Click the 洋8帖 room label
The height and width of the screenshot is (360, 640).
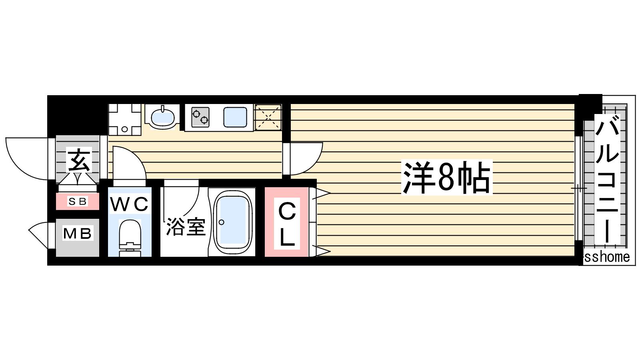click(446, 177)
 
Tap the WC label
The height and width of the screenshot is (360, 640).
click(130, 204)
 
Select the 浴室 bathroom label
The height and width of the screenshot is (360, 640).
click(186, 227)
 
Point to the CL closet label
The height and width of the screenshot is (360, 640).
click(287, 224)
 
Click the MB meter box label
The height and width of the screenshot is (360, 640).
click(78, 234)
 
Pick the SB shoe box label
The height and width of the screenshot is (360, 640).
click(78, 202)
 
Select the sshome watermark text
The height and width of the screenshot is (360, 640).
click(607, 257)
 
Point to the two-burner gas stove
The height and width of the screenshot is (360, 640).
click(200, 117)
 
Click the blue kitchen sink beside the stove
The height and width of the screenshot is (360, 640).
click(235, 117)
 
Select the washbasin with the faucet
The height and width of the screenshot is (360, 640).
click(162, 118)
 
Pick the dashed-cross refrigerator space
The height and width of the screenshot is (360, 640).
click(268, 117)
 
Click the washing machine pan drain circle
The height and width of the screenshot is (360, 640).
click(124, 129)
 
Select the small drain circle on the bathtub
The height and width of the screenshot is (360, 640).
click(221, 222)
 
